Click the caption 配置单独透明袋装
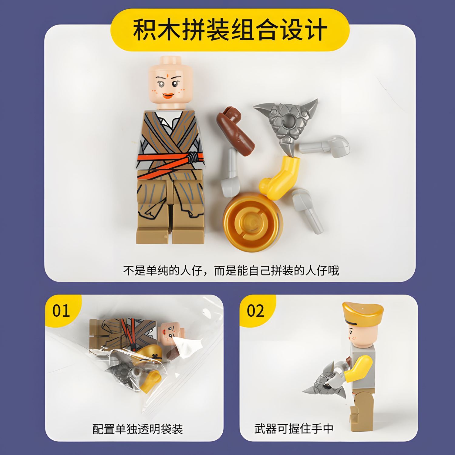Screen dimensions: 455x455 click(x=138, y=429)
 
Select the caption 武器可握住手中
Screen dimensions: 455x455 click(x=294, y=429)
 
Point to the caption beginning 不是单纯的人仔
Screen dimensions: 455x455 click(x=231, y=270)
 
